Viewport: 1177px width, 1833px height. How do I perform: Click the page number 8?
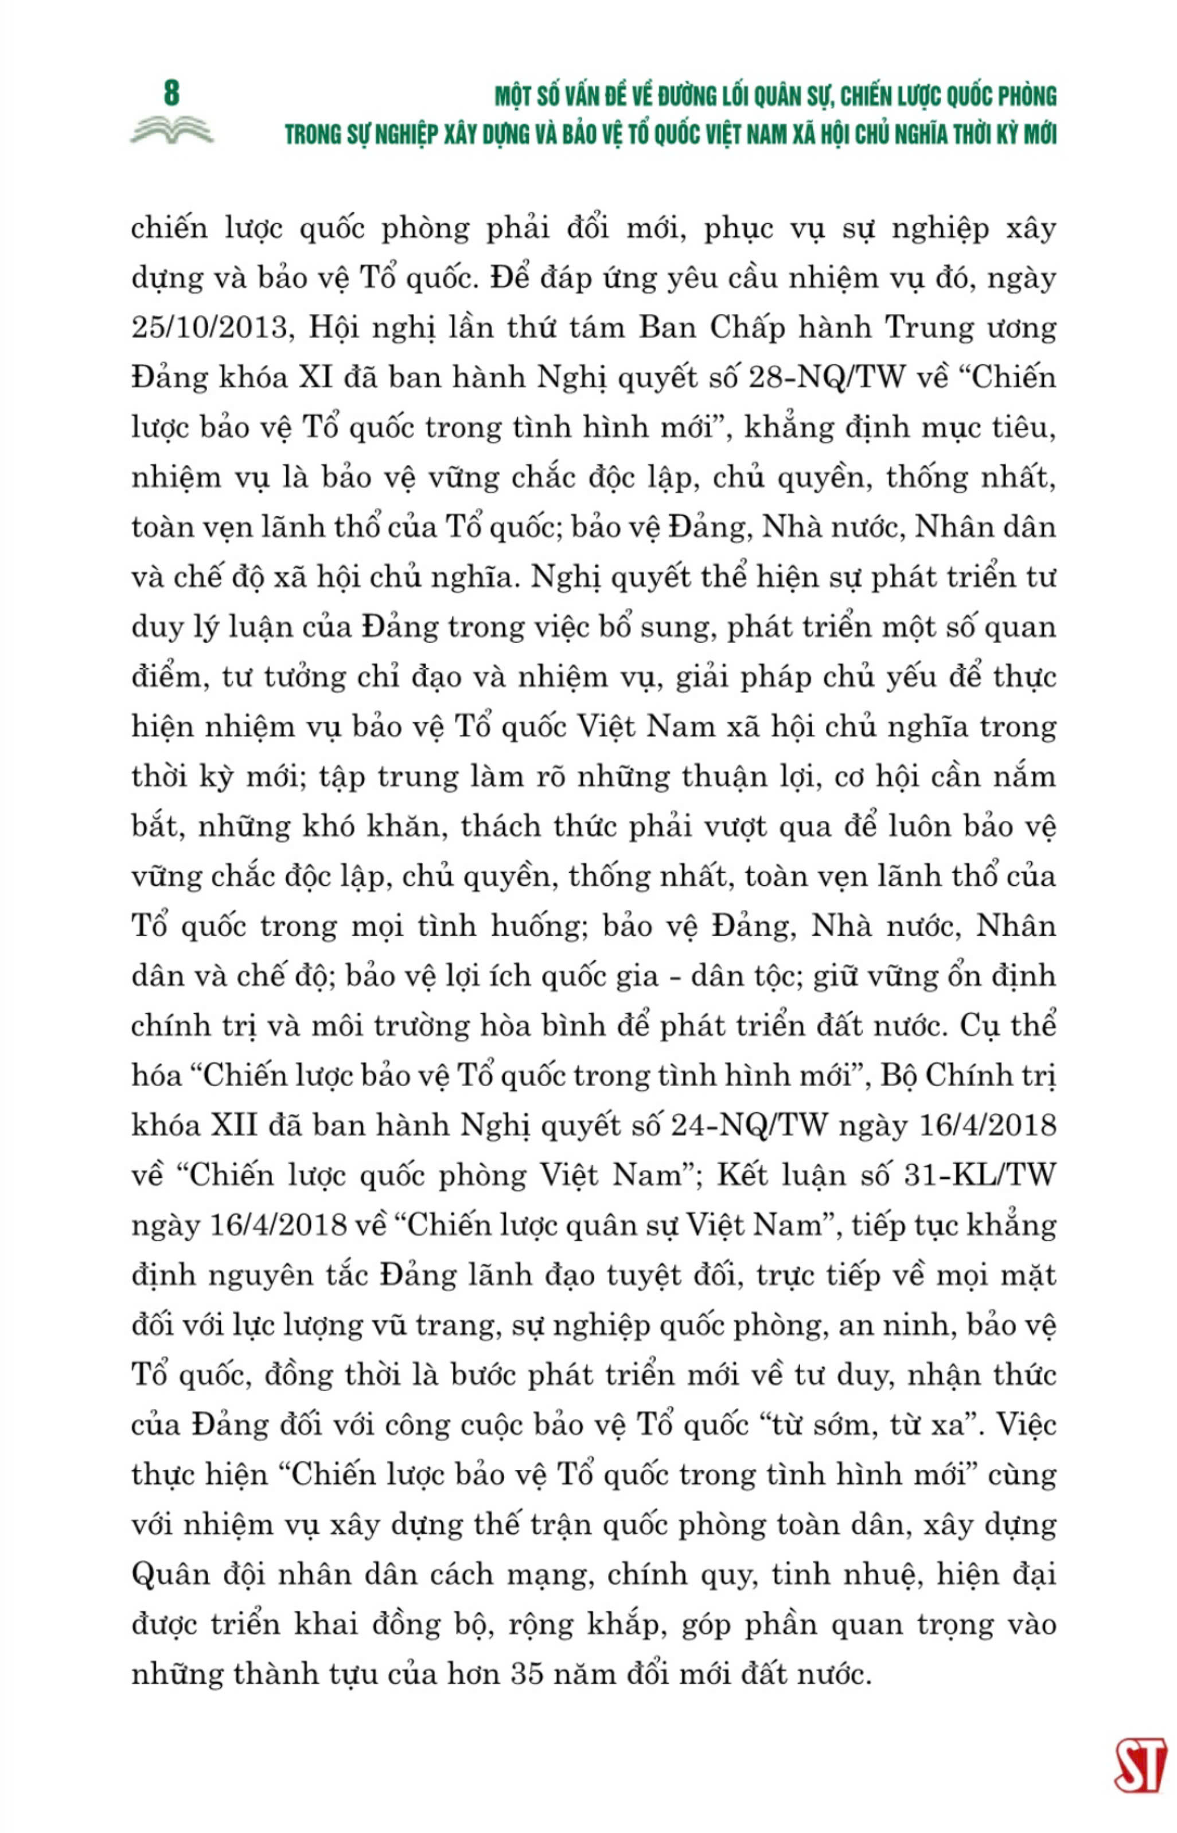(171, 94)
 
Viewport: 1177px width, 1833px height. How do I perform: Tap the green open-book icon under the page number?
(171, 130)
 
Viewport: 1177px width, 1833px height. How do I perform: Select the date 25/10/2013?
(212, 328)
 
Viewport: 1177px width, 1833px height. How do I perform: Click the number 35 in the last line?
(527, 1674)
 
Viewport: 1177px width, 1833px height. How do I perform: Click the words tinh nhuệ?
(843, 1575)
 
